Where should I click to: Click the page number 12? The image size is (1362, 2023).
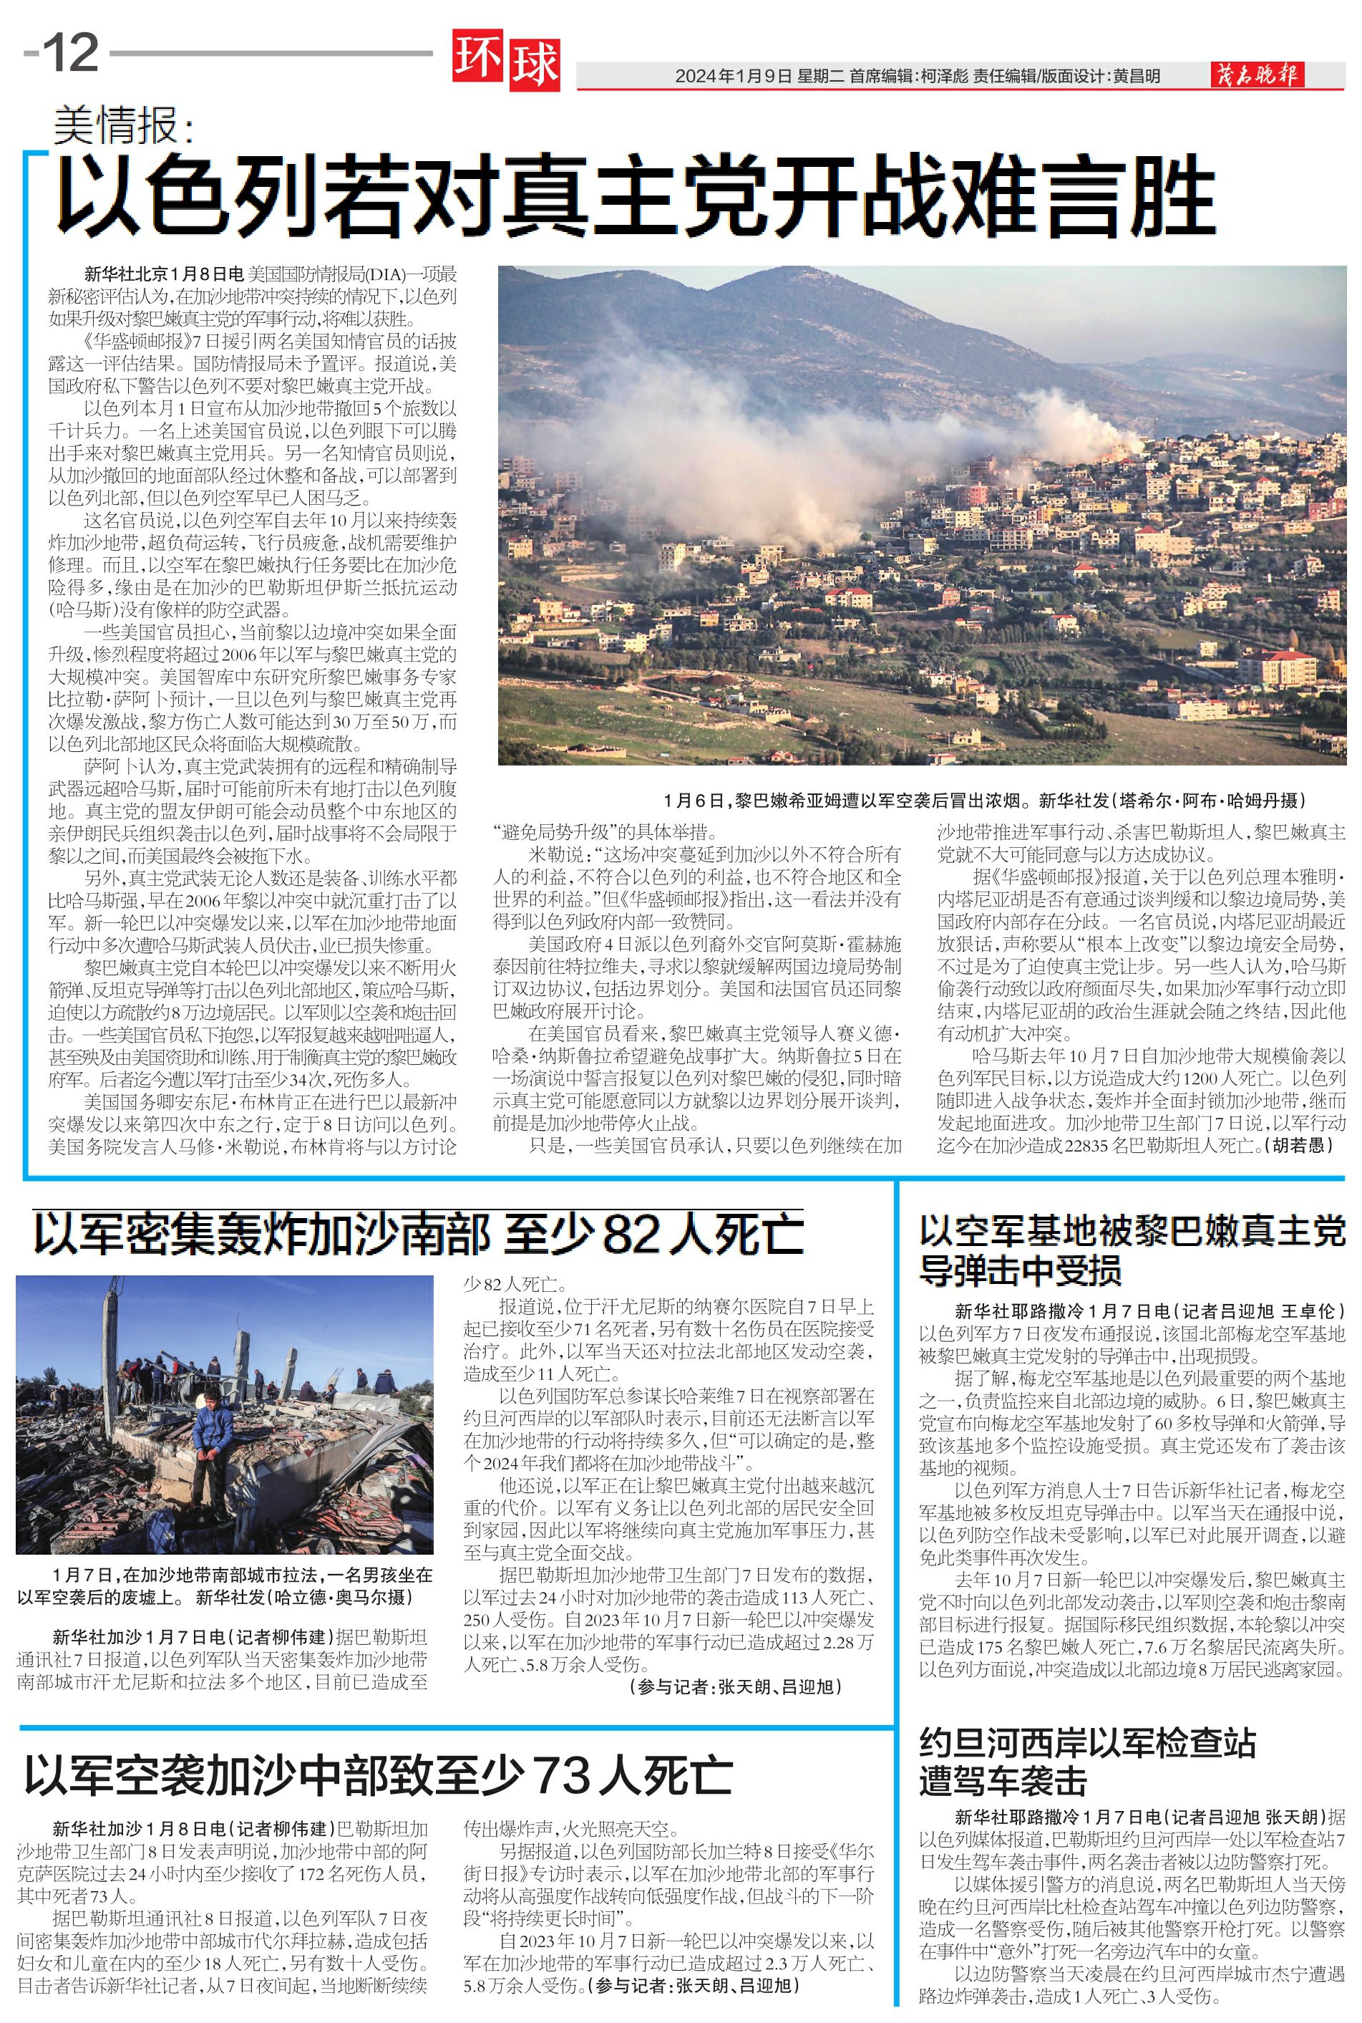point(70,54)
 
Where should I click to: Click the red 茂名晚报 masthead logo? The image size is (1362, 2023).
point(1257,76)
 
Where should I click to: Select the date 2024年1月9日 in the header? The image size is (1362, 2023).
point(734,77)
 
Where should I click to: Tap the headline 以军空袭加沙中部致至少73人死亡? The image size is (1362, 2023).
point(378,1775)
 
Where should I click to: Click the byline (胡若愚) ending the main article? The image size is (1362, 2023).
point(1301,1145)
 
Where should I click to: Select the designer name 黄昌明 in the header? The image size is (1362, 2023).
point(1135,77)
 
